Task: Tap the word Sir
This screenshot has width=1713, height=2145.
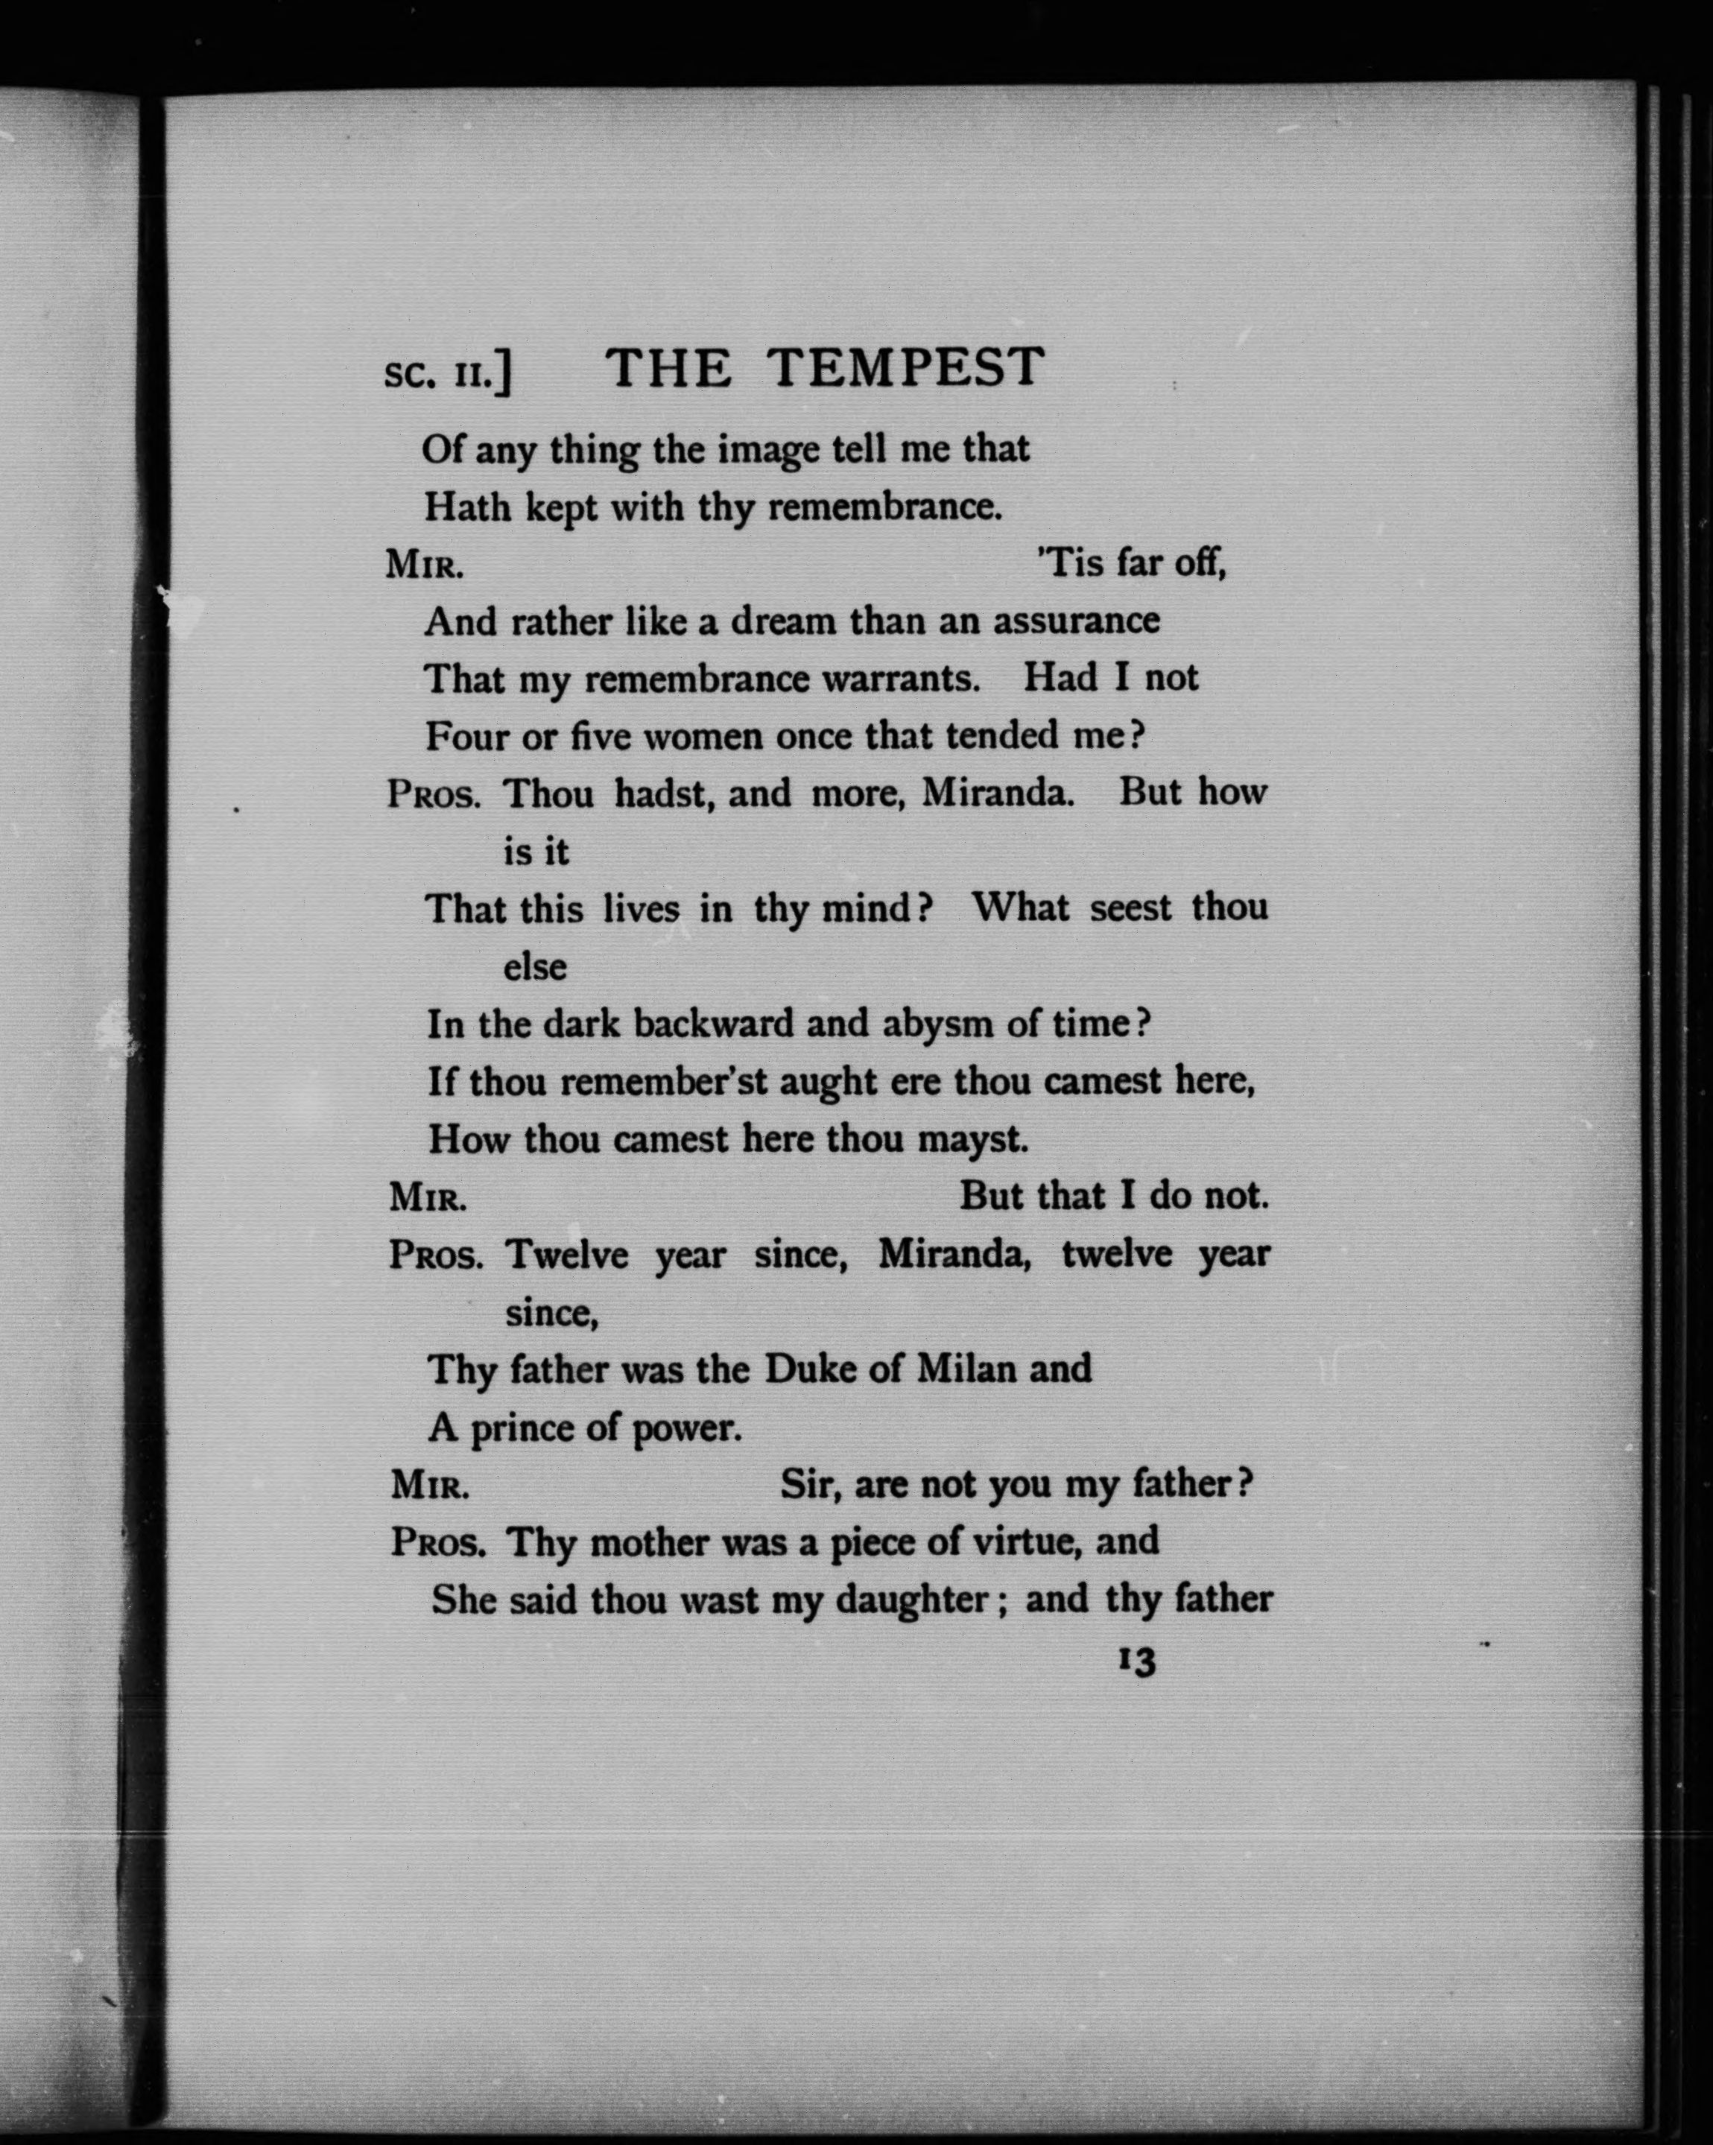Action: pyautogui.click(x=811, y=1484)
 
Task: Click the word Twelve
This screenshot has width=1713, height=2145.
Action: pyautogui.click(x=567, y=1255)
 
